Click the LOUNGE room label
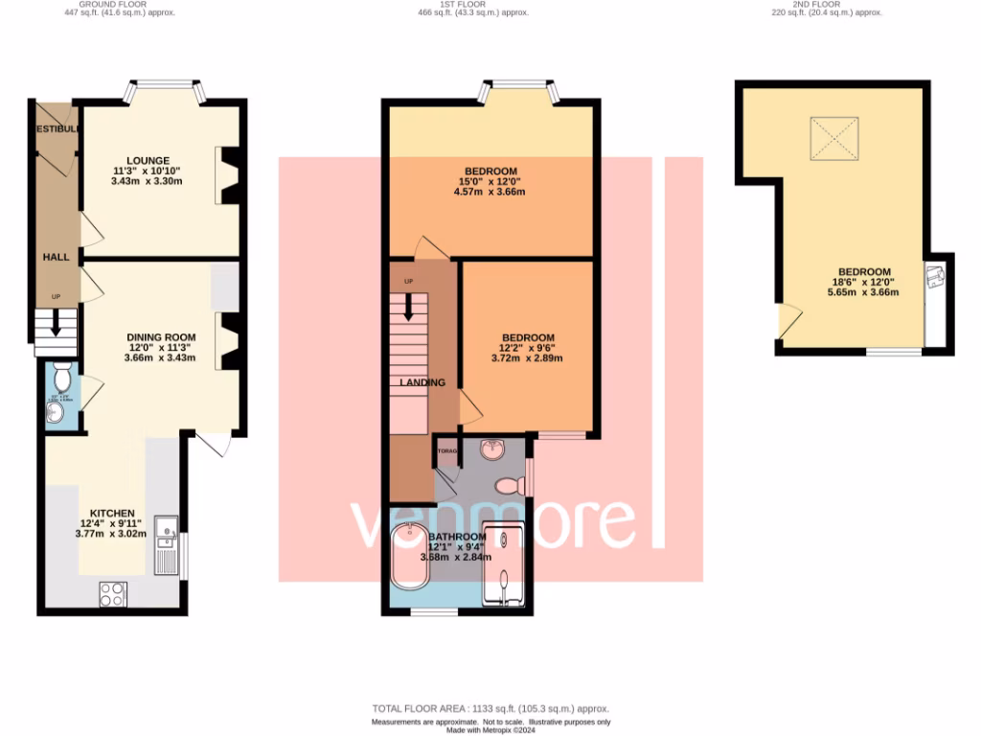point(148,160)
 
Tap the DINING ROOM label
point(161,337)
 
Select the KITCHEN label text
point(112,514)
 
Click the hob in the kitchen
point(112,593)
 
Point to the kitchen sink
point(167,527)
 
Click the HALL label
point(56,258)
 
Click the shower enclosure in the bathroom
point(505,565)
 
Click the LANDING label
point(422,382)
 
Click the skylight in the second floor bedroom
point(834,140)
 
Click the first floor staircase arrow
point(411,307)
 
